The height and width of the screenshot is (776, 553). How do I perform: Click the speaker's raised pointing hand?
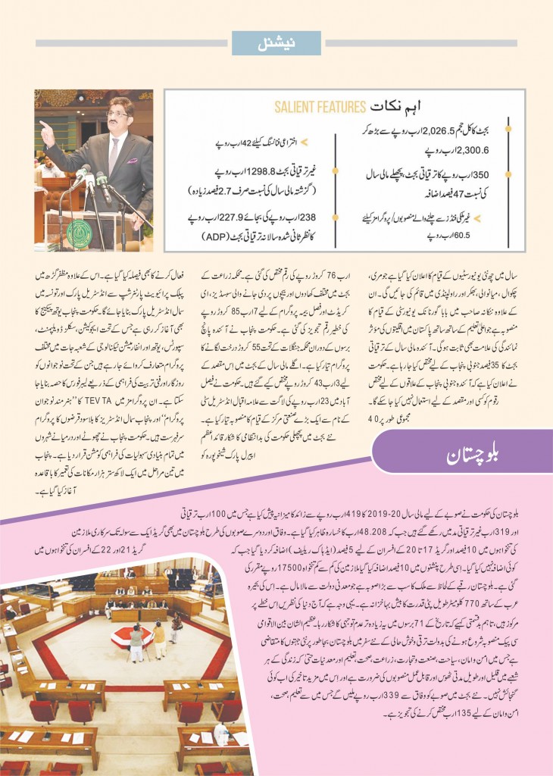click(x=45, y=125)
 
